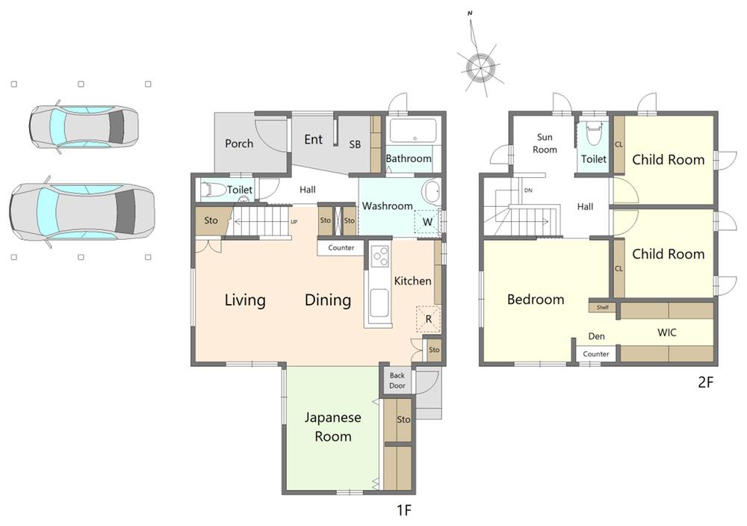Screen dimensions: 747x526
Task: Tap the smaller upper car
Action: [84, 127]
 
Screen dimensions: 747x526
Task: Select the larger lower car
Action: [82, 212]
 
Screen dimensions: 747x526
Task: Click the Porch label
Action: [239, 143]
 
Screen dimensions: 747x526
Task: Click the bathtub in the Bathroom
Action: [413, 131]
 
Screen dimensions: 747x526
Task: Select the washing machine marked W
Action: [427, 222]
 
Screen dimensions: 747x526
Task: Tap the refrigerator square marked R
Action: [428, 319]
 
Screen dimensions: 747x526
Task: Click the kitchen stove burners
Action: [379, 256]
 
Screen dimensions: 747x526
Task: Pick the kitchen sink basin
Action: [379, 303]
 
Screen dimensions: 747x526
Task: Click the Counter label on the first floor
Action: [341, 248]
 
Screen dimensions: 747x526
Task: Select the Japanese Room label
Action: [333, 427]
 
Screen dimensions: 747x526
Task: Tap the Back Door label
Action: [397, 381]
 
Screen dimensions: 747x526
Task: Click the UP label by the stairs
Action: [294, 222]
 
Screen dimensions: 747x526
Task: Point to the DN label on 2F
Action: [528, 191]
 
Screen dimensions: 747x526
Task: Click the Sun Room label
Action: [545, 143]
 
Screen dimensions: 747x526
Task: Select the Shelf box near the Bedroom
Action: [603, 307]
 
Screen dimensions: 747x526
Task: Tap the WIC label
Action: [667, 332]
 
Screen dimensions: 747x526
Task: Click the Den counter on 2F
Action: [596, 354]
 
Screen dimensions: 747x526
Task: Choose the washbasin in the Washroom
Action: [433, 193]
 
